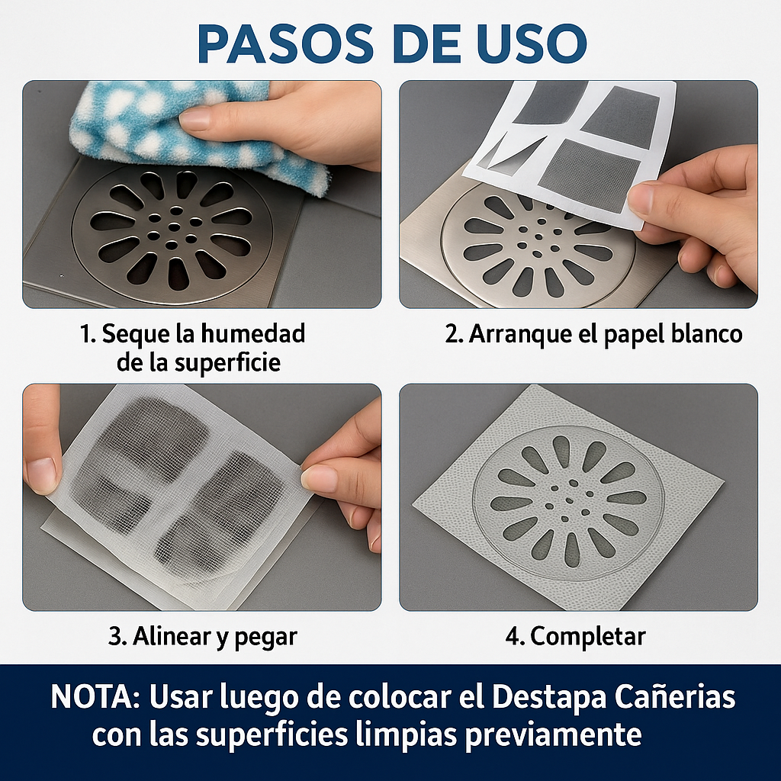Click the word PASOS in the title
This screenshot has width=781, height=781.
coord(286,43)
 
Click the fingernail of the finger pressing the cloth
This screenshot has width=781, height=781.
coord(195,120)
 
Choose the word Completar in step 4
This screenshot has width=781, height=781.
coord(588,637)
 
